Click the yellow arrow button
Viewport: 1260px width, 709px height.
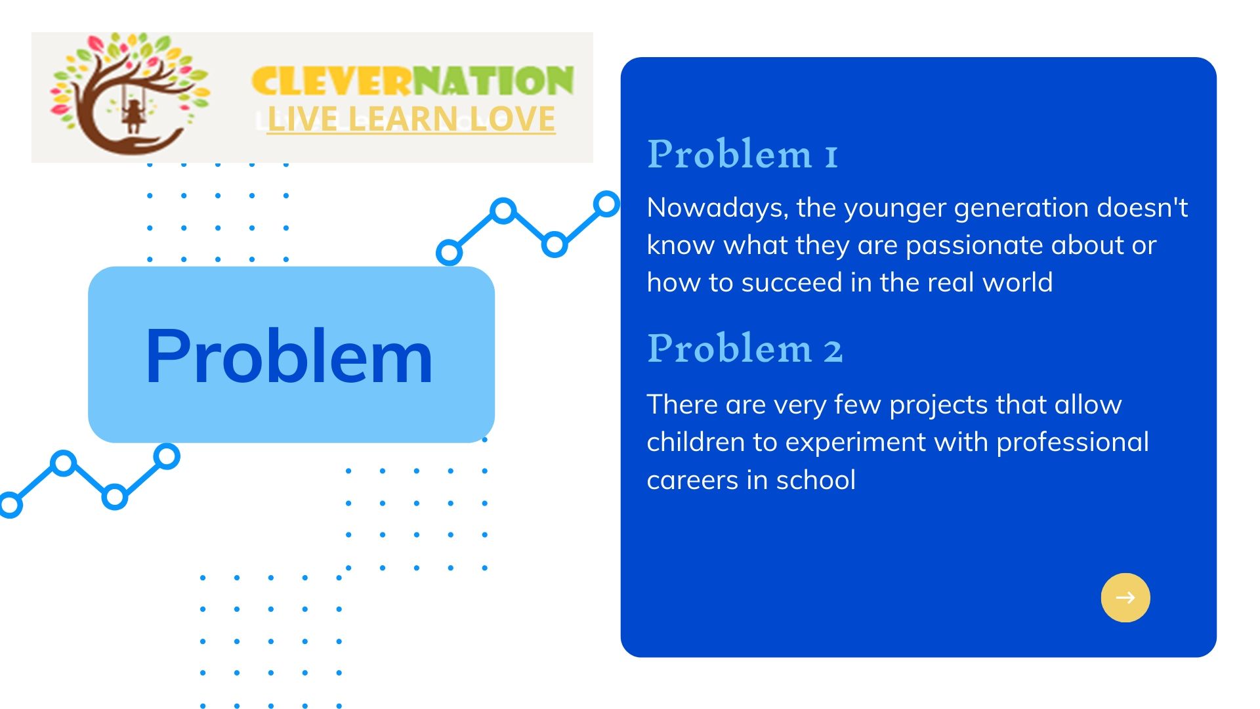point(1125,597)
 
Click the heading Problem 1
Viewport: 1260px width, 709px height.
point(742,154)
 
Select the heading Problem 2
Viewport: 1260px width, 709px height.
point(745,348)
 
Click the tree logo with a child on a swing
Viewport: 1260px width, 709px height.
point(130,93)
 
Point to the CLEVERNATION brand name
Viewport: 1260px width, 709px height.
point(413,81)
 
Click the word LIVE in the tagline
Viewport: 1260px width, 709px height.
point(303,119)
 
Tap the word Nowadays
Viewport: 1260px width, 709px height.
point(717,209)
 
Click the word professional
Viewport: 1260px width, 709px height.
point(1073,443)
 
